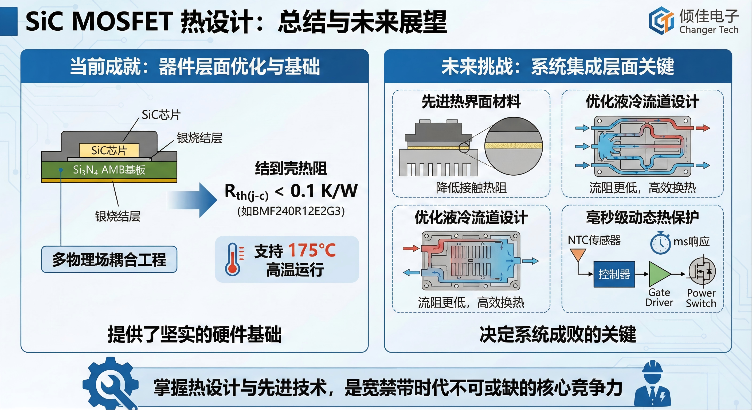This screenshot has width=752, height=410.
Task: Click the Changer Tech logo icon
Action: (x=661, y=21)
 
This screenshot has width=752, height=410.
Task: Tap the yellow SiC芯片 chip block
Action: (x=109, y=150)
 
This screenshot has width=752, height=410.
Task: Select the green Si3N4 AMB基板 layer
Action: (x=109, y=169)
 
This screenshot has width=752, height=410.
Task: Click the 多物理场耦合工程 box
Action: (x=109, y=259)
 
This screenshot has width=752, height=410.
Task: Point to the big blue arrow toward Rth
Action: (x=193, y=200)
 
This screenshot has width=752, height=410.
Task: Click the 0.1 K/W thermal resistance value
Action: (x=324, y=191)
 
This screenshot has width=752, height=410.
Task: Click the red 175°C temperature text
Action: (x=312, y=250)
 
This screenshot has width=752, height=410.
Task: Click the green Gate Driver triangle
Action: (x=659, y=274)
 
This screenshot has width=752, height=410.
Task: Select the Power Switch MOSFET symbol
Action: (x=702, y=271)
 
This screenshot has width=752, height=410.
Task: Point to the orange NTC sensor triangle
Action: (x=578, y=254)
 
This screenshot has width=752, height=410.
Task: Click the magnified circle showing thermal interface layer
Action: (x=514, y=146)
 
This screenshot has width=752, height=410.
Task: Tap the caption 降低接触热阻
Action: (x=471, y=188)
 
